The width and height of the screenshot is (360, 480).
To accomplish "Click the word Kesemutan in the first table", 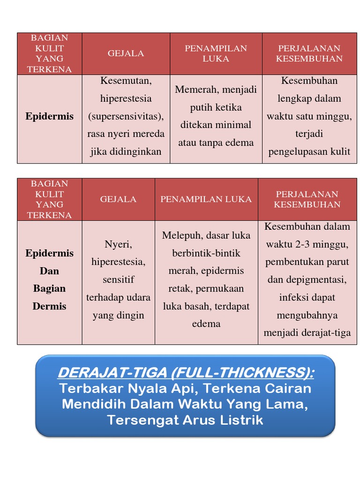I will [125, 81].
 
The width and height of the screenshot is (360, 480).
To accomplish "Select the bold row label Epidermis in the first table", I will [49, 116].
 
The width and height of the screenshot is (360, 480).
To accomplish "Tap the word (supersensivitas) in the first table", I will [126, 116].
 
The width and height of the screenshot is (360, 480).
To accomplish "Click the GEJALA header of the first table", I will [126, 53].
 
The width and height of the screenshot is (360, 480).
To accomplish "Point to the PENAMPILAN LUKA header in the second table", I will [206, 199].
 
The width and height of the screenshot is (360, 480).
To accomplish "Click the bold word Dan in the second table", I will [49, 271].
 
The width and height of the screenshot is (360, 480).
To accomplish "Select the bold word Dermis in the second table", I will [49, 307].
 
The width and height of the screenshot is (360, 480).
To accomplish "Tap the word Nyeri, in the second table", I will [118, 244].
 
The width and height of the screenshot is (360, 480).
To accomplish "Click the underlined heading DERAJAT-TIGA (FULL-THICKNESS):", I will [186, 373].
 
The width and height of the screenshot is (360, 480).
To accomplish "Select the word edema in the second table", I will [206, 324].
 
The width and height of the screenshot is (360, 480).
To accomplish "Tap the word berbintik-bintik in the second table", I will [206, 253].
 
